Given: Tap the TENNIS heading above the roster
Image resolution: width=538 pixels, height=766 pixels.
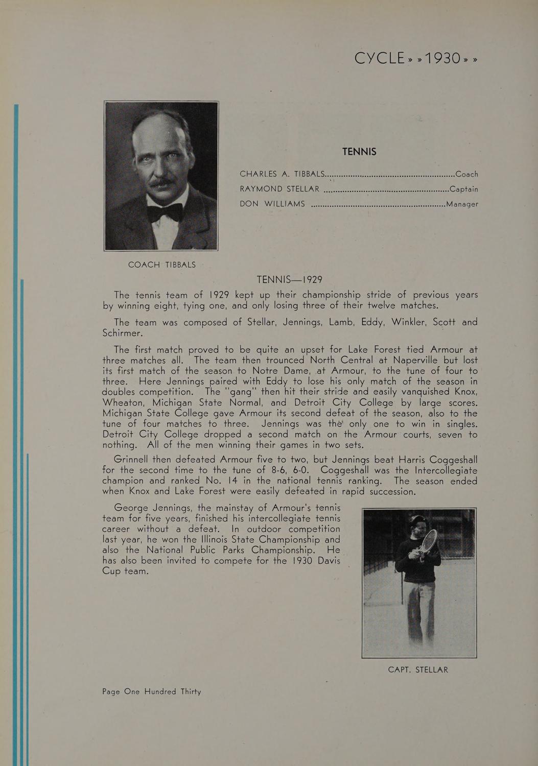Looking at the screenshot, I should coord(359,152).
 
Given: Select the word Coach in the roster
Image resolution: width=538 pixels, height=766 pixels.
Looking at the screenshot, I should coord(466,174).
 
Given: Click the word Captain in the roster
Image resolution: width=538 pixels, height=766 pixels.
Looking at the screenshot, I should coord(464,189).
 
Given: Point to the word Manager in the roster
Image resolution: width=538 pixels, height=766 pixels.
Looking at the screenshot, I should coord(462,204).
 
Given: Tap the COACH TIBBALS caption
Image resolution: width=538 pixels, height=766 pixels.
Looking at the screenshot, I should coord(161,265).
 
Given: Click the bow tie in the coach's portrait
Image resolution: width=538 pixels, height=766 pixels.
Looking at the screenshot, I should coord(165,210).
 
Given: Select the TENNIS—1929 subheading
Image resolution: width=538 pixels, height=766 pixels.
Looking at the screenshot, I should coord(289,280).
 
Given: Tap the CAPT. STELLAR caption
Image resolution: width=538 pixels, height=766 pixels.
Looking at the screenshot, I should coord(418,669).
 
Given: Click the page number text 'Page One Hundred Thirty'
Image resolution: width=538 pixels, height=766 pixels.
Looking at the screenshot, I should coord(152,691).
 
